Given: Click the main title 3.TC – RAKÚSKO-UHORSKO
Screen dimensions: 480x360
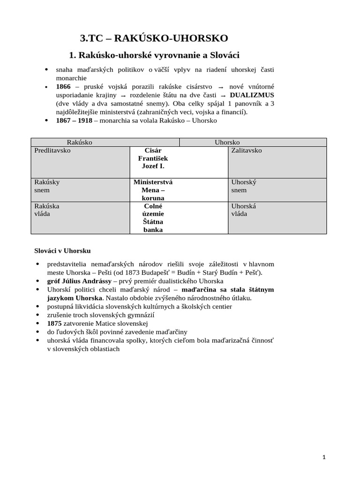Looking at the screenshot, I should click(154, 38).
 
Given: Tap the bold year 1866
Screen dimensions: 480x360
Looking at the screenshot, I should click(63, 87).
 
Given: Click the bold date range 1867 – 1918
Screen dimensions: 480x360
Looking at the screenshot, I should click(74, 120).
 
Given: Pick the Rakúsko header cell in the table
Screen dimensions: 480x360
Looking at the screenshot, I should click(79, 142).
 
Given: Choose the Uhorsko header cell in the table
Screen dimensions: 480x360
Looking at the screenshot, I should click(227, 142).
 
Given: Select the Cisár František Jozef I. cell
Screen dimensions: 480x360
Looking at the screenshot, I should click(153, 158).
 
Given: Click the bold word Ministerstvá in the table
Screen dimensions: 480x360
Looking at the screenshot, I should click(153, 182).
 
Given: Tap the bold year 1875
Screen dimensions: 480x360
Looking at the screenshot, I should click(54, 323).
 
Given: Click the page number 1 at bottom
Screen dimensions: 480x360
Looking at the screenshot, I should click(324, 457).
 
